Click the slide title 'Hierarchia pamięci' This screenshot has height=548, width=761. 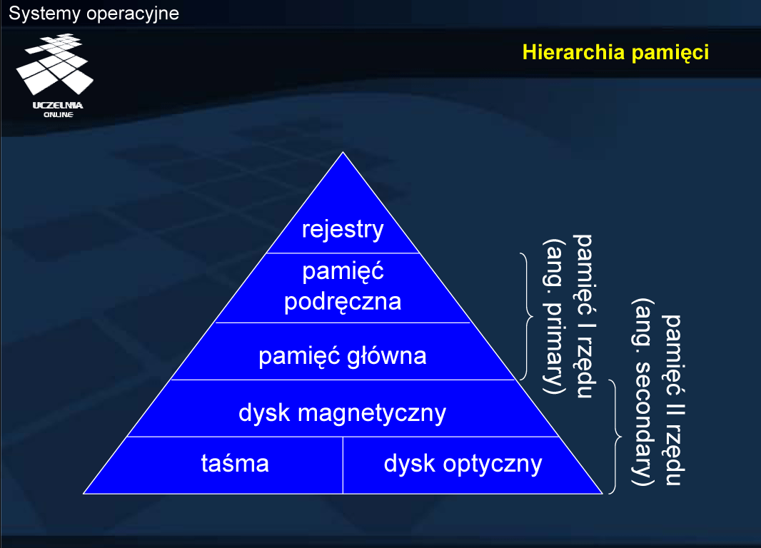tap(615, 53)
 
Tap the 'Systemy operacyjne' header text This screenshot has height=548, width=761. tap(94, 14)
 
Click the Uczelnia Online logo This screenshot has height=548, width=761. tap(55, 75)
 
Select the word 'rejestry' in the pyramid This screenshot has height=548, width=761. tap(343, 229)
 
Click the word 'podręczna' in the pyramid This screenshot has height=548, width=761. tap(343, 302)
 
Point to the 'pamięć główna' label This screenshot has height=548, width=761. tap(343, 356)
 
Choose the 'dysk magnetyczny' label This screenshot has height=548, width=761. tap(342, 414)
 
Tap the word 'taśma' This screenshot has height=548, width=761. tap(235, 463)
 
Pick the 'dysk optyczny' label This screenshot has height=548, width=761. tap(463, 464)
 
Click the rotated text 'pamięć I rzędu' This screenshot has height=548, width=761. tap(584, 316)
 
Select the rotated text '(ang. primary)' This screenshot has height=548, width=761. tap(553, 316)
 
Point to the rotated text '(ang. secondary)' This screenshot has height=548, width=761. tap(642, 392)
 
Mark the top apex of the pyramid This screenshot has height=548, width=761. tap(343, 152)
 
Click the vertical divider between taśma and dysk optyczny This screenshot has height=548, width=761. tap(343, 465)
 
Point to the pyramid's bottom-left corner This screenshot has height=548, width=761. tap(84, 494)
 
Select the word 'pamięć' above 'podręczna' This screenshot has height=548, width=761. tap(343, 272)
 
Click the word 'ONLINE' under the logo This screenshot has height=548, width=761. tap(59, 115)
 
